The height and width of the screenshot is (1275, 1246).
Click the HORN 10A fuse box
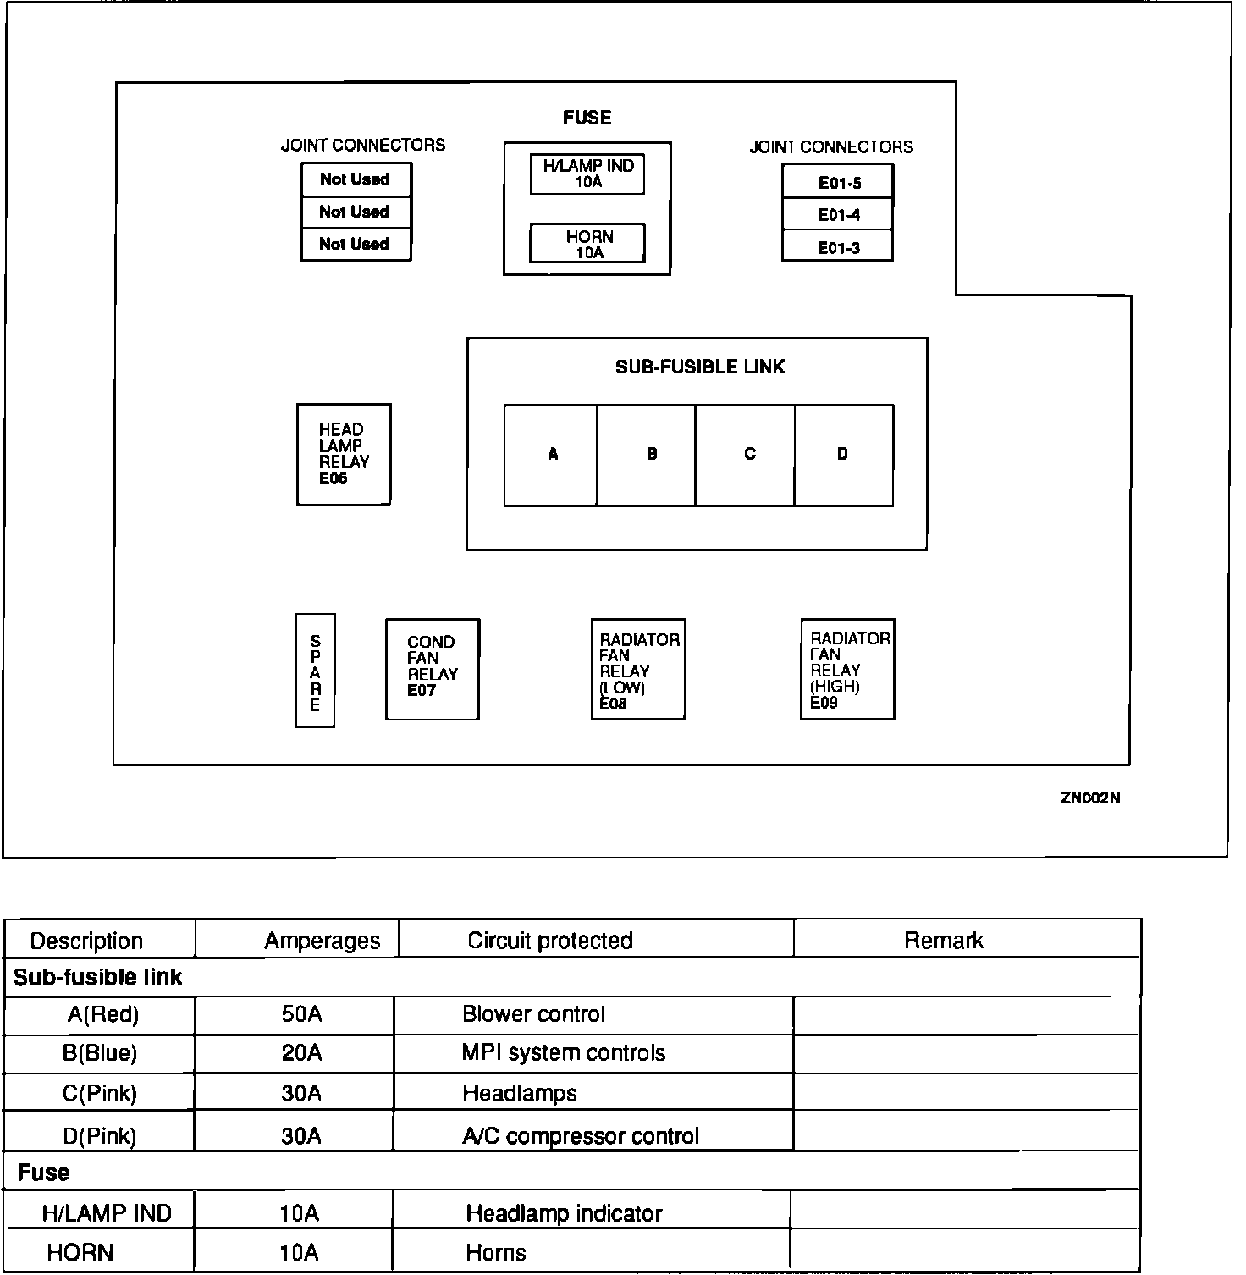click(x=587, y=244)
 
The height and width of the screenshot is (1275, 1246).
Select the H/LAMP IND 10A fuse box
click(x=587, y=174)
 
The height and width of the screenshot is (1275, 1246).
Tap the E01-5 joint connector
click(x=838, y=182)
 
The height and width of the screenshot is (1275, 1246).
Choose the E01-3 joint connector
click(x=838, y=247)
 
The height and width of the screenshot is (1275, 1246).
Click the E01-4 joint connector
click(x=838, y=215)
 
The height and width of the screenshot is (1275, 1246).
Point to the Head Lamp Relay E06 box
click(x=344, y=455)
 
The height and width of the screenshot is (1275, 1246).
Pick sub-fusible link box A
click(x=552, y=455)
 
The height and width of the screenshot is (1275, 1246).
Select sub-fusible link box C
click(x=746, y=455)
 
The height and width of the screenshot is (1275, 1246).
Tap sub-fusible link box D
click(x=844, y=455)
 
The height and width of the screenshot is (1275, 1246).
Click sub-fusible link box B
click(x=648, y=455)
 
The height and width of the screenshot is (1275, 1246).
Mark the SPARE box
click(x=315, y=671)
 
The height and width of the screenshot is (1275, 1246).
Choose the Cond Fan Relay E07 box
click(x=433, y=669)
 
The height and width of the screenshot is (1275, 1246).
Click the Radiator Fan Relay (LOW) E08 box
click(x=638, y=669)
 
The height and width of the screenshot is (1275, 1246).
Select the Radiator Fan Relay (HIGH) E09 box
click(x=848, y=669)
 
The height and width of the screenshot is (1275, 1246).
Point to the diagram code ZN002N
click(x=1090, y=798)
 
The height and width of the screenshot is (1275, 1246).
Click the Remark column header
click(x=943, y=941)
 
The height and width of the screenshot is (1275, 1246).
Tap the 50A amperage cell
click(x=301, y=1014)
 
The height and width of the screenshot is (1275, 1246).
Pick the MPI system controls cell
click(x=564, y=1053)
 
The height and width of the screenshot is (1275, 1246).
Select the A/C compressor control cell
click(x=581, y=1135)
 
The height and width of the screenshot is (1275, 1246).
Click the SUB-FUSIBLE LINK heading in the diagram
click(x=700, y=367)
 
